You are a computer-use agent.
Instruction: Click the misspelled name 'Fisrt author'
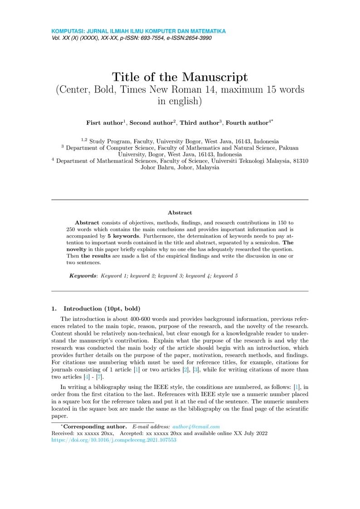(x=104, y=123)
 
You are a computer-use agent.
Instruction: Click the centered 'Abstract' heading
(x=180, y=213)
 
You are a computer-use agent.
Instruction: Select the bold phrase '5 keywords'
(x=122, y=237)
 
